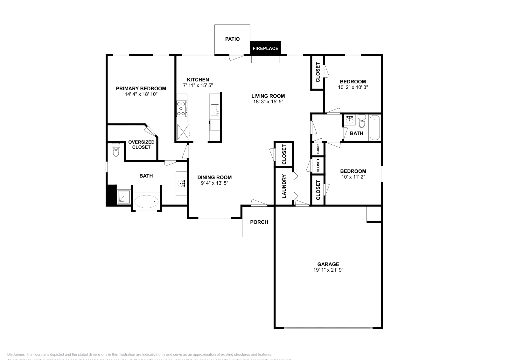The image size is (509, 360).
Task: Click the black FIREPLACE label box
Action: pos(265,48)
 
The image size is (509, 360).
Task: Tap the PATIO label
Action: pos(232,39)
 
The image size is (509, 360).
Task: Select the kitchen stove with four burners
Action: pos(182,108)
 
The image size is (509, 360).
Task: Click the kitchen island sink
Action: pos(215,109)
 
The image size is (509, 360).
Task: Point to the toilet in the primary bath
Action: pos(116,150)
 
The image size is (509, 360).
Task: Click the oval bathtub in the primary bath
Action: pos(147,201)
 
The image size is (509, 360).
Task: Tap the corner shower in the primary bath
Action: pos(124,197)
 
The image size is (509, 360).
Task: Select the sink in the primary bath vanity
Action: pos(182,183)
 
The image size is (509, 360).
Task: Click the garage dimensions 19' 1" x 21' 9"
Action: pos(328,270)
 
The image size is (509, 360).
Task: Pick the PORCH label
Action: pos(259,222)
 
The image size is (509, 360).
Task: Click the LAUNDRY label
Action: pos(284,186)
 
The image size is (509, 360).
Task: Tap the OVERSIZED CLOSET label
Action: pos(141,145)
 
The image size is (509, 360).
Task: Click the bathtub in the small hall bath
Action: pos(375,128)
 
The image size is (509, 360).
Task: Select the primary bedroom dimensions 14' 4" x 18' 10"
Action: pos(141,94)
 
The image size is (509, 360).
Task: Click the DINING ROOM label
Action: pos(214,177)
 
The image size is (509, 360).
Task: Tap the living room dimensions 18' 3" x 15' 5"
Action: pos(268,102)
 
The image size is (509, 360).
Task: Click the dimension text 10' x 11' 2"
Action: pos(353,177)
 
